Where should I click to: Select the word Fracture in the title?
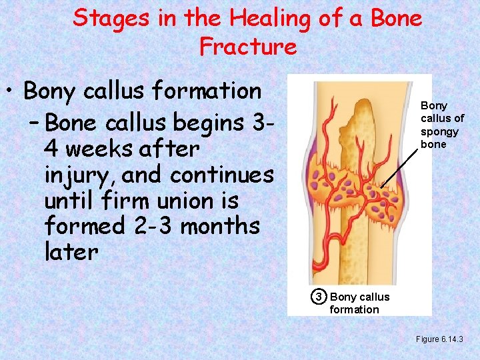click(x=247, y=47)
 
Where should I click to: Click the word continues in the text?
click(x=222, y=175)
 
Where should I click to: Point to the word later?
click(x=71, y=252)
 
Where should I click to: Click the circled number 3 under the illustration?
click(x=319, y=297)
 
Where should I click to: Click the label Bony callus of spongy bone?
click(x=441, y=125)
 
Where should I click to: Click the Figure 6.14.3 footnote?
click(x=443, y=339)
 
